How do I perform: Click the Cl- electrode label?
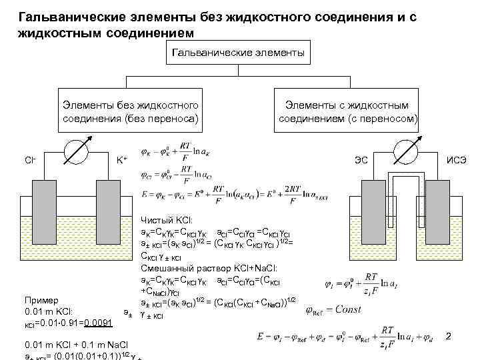pyautogui.click(x=30, y=160)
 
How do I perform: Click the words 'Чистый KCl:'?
pyautogui.click(x=166, y=219)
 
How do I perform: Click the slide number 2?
pyautogui.click(x=448, y=337)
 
